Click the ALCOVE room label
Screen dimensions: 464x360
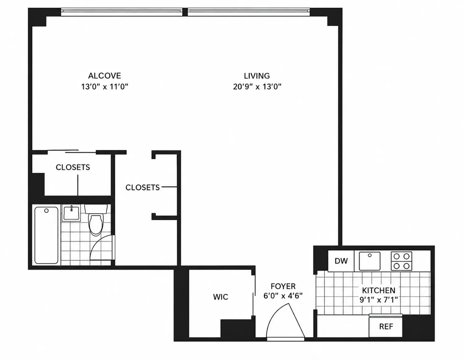tap(105, 76)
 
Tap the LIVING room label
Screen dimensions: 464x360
tap(257, 76)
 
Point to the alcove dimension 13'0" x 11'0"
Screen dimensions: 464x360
tap(105, 87)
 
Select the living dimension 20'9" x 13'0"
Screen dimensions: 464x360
tap(257, 87)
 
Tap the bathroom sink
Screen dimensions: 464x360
tap(71, 212)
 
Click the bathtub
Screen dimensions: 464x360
tap(46, 235)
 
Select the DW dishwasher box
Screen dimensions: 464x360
tap(341, 261)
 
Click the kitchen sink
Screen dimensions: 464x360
tap(370, 261)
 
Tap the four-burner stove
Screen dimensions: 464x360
tap(402, 261)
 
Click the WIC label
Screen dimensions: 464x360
tap(221, 297)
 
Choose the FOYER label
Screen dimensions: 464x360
tap(283, 286)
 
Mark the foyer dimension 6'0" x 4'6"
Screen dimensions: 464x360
tap(283, 296)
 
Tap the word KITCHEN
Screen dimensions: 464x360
tap(379, 290)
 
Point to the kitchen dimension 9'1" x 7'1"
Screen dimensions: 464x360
tap(379, 300)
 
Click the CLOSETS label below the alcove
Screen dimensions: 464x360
tap(73, 167)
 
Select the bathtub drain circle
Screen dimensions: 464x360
tap(46, 211)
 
